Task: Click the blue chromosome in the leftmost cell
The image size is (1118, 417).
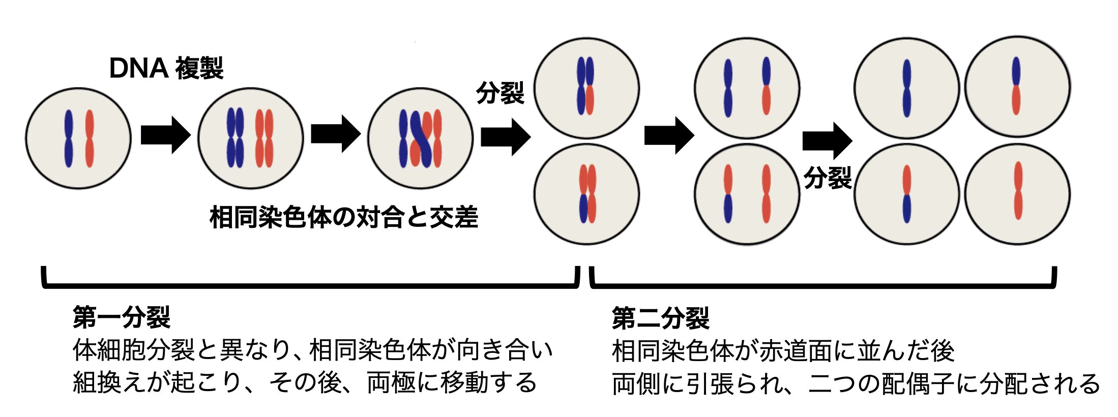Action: pos(68,138)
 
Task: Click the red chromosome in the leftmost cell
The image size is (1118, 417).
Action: pos(90,138)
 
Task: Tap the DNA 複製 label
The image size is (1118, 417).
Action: pos(166,68)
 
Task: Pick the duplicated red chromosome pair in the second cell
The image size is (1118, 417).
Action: pos(264,138)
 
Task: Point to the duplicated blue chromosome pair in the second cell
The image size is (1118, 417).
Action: pos(235,138)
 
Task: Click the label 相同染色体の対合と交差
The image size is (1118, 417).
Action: pos(344,218)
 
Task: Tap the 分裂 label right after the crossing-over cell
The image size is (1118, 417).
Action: pos(500,93)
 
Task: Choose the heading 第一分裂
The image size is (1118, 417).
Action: pos(121,318)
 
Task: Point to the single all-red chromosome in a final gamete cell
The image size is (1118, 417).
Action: pos(1018,191)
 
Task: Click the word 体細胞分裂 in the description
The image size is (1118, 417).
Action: pos(133,350)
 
